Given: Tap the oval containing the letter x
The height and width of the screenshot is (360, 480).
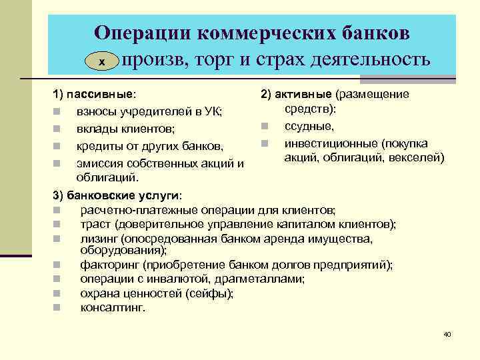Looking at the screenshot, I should (102, 61).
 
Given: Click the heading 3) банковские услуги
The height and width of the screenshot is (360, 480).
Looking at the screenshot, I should (116, 195).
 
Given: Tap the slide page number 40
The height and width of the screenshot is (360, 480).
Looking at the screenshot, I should (447, 333).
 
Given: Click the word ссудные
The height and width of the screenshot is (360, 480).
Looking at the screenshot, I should (309, 126).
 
